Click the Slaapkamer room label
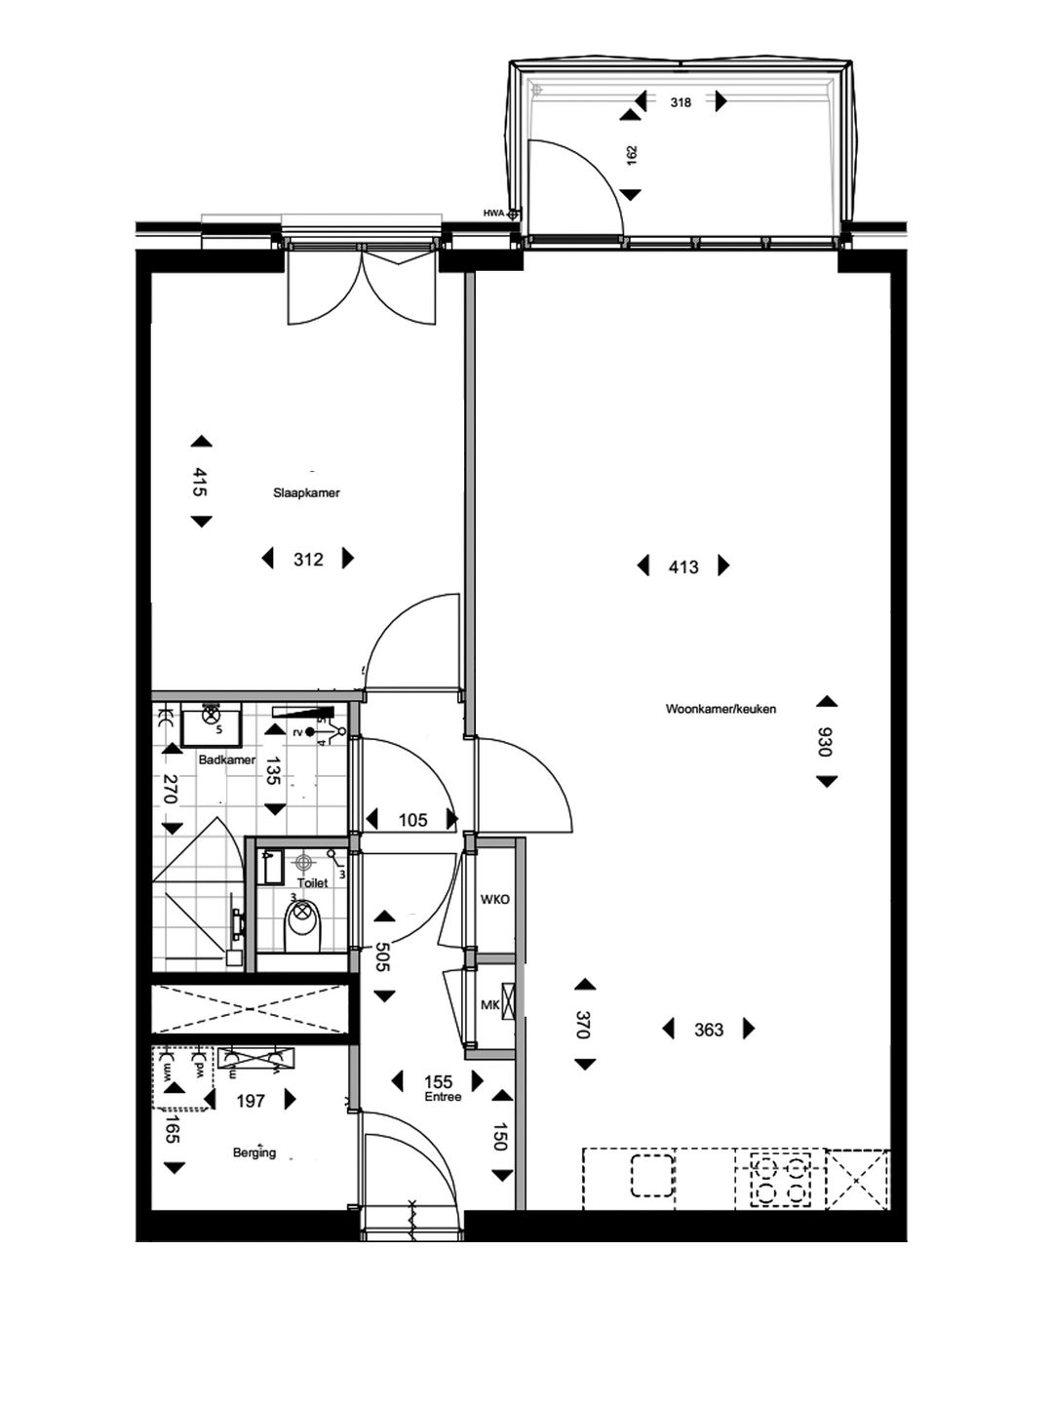[306, 493]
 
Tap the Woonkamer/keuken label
[721, 709]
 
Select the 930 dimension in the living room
[826, 742]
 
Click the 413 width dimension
[683, 566]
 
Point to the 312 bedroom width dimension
[308, 560]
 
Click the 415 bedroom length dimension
[200, 483]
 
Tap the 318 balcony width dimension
[681, 101]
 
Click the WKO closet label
[494, 900]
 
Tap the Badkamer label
[226, 760]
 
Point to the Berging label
[253, 1152]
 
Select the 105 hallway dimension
[412, 821]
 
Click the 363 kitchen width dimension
[709, 1030]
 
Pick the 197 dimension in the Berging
[251, 1101]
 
